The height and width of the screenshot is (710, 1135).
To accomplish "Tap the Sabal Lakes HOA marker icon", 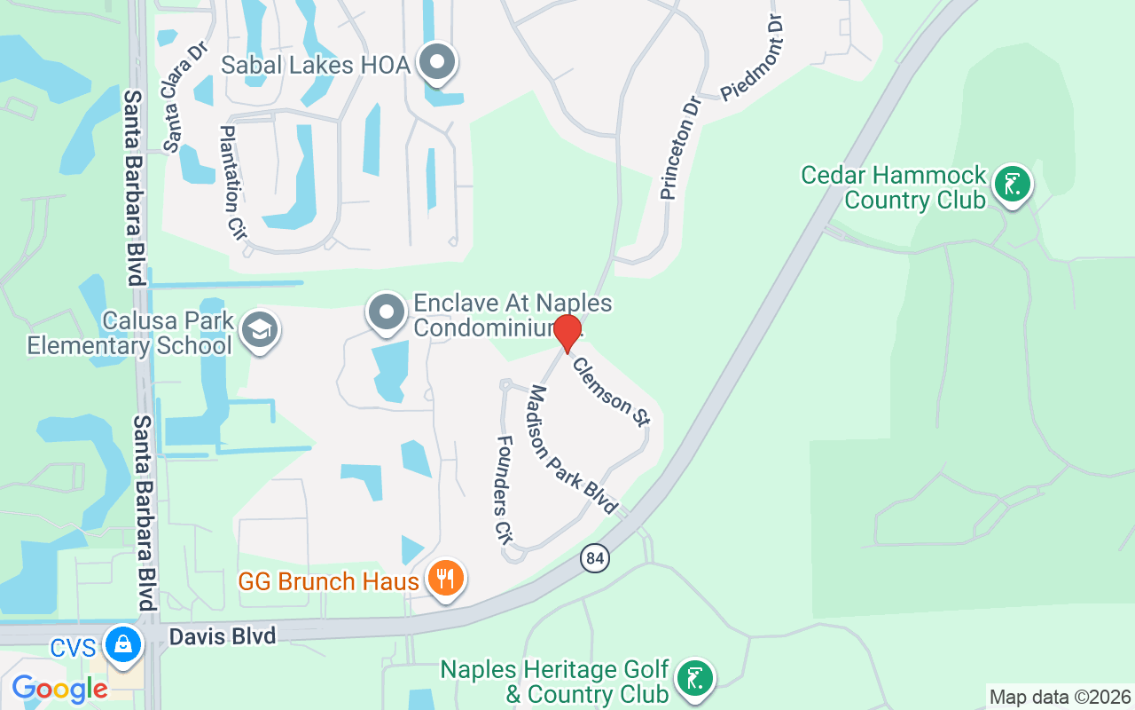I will click(x=437, y=62).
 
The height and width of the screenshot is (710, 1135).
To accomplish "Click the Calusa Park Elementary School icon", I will click(x=260, y=330).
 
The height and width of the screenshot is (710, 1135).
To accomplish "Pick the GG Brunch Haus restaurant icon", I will click(x=445, y=579).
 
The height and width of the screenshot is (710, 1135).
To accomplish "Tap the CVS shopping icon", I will click(x=122, y=644).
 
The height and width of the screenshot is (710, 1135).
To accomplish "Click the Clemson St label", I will click(x=611, y=391).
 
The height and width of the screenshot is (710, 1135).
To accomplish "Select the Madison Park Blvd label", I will click(x=573, y=450).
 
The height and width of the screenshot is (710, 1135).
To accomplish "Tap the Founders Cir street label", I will click(x=505, y=488).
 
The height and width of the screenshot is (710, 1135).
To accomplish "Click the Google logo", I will click(x=59, y=689).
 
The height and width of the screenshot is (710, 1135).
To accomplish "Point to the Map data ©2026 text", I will click(x=1060, y=697).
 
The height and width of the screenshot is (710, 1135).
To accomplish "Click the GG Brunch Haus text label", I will click(x=328, y=582).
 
